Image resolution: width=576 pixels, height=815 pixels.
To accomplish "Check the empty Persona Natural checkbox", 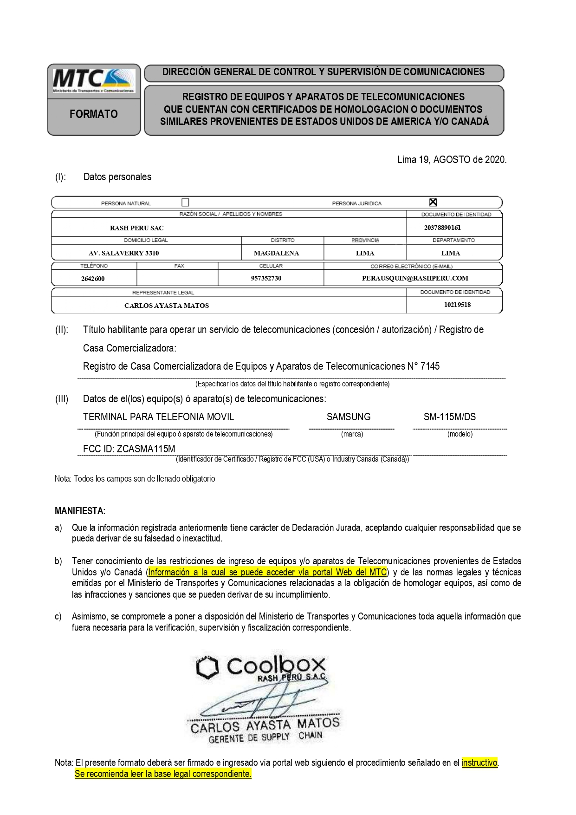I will click(x=186, y=202).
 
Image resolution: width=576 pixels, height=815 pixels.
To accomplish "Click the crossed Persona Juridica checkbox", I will click(x=433, y=202).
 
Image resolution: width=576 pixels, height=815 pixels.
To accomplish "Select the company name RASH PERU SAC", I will click(x=136, y=228).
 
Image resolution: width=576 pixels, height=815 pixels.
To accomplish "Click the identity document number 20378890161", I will click(x=442, y=228).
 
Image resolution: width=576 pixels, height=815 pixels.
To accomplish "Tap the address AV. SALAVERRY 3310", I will click(x=123, y=253).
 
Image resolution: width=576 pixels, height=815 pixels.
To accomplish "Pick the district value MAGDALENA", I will click(x=276, y=253).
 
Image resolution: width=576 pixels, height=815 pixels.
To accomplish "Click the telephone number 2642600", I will click(x=92, y=279).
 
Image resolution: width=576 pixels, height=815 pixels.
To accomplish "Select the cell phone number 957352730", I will click(x=266, y=278).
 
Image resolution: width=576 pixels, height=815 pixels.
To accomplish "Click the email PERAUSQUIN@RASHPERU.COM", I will click(x=415, y=278).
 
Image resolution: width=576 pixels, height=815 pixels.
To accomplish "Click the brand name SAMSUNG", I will click(x=349, y=417).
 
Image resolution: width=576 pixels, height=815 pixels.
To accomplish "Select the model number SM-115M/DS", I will click(x=449, y=417).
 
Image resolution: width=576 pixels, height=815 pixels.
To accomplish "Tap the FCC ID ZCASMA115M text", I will click(x=129, y=449).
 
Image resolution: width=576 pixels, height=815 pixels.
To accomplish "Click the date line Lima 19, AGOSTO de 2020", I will click(x=452, y=160).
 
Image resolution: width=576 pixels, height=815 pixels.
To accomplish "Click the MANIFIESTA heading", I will click(x=80, y=511).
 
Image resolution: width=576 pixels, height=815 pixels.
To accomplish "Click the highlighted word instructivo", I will click(x=479, y=763).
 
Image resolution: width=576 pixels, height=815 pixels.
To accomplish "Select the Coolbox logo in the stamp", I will click(x=261, y=667).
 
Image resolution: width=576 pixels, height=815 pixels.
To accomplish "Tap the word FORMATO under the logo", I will click(x=94, y=114).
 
